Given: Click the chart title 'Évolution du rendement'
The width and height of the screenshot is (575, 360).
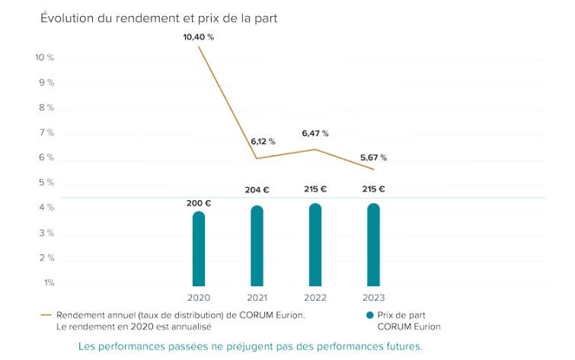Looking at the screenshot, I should click(158, 18).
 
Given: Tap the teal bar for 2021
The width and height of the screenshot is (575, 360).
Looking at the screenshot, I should click(257, 247).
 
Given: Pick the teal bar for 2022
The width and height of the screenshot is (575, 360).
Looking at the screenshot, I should click(315, 245).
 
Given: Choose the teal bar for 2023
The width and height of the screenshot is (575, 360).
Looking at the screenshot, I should click(373, 245).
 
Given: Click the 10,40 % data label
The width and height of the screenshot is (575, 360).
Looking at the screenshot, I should click(199, 37).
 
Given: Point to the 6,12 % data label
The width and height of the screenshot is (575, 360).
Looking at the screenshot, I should click(263, 142).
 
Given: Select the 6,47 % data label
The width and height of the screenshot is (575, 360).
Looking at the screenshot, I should click(315, 133).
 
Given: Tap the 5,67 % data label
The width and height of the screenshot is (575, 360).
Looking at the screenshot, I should click(373, 158).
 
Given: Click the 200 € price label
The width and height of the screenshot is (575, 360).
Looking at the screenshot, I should click(199, 203).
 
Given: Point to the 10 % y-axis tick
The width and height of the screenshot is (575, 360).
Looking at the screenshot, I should click(45, 58).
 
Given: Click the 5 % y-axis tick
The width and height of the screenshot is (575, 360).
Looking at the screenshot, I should click(46, 183).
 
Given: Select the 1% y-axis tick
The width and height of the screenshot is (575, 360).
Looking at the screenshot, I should click(48, 283).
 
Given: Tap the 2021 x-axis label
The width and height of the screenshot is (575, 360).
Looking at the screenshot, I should click(257, 298).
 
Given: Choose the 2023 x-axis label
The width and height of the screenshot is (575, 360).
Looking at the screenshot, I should click(373, 298).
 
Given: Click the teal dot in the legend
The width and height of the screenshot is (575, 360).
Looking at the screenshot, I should click(369, 314).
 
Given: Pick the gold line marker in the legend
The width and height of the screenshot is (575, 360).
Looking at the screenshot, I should click(46, 314).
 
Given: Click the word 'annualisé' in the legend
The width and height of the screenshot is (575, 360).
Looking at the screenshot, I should click(190, 327).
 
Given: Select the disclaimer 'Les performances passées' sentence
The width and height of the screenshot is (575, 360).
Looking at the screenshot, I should click(250, 346).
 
